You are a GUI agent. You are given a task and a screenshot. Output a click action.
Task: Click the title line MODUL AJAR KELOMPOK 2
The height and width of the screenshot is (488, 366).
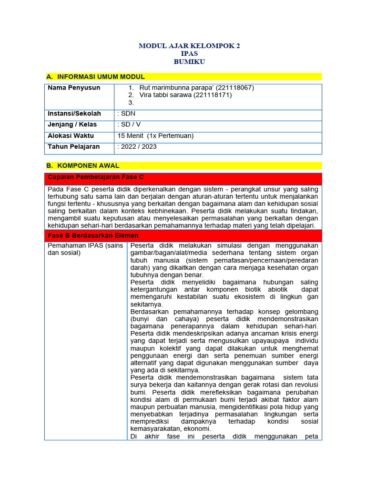point(189,46)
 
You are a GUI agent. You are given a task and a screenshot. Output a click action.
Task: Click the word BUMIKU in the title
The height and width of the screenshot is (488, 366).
point(189,62)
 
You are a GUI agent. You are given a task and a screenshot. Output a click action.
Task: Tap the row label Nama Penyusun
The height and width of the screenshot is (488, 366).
point(74,88)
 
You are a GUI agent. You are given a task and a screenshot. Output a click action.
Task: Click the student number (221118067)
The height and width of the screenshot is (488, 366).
point(235,88)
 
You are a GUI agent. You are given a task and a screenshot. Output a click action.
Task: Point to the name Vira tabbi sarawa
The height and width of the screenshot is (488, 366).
point(165,95)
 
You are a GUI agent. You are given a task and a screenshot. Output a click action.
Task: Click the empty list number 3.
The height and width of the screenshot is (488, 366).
point(131,102)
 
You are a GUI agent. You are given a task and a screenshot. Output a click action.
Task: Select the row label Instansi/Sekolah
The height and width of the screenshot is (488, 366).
point(74,113)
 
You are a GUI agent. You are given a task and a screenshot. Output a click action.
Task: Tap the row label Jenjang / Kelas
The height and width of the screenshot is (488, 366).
point(72,124)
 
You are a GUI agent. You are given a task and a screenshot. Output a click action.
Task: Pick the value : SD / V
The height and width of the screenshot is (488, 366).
point(129,124)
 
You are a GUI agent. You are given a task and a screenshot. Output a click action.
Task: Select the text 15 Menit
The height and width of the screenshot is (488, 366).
point(131,135)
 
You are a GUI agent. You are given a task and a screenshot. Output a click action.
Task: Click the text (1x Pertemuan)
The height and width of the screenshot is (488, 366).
point(171,135)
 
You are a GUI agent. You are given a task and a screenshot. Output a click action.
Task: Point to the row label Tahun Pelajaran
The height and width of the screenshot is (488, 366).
point(75,146)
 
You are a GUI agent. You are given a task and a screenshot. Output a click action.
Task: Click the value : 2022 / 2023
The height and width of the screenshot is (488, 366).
point(137,146)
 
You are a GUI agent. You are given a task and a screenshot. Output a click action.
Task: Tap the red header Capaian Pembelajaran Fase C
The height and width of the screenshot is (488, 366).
point(95,177)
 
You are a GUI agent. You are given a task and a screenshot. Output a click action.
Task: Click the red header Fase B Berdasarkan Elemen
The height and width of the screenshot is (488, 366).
point(93,235)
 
